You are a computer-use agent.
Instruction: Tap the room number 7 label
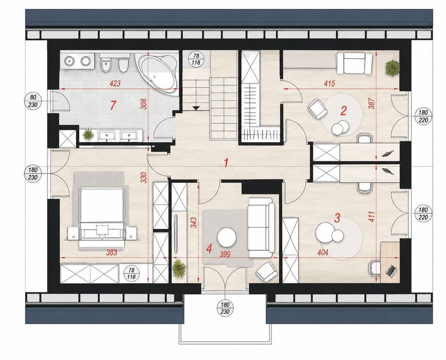[113, 106]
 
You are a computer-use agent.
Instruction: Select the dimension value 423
[115, 83]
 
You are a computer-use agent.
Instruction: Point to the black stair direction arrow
[196, 108]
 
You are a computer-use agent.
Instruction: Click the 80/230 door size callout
[33, 100]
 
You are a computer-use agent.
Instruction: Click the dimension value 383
[111, 252]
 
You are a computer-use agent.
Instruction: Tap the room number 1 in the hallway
[226, 163]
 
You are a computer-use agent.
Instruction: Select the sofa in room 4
[261, 228]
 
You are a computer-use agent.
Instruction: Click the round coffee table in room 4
[227, 237]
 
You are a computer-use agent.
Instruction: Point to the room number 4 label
[209, 249]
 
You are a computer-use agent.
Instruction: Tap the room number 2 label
[344, 111]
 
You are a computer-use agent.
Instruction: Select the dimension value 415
[330, 83]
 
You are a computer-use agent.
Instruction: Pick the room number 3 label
[337, 218]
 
